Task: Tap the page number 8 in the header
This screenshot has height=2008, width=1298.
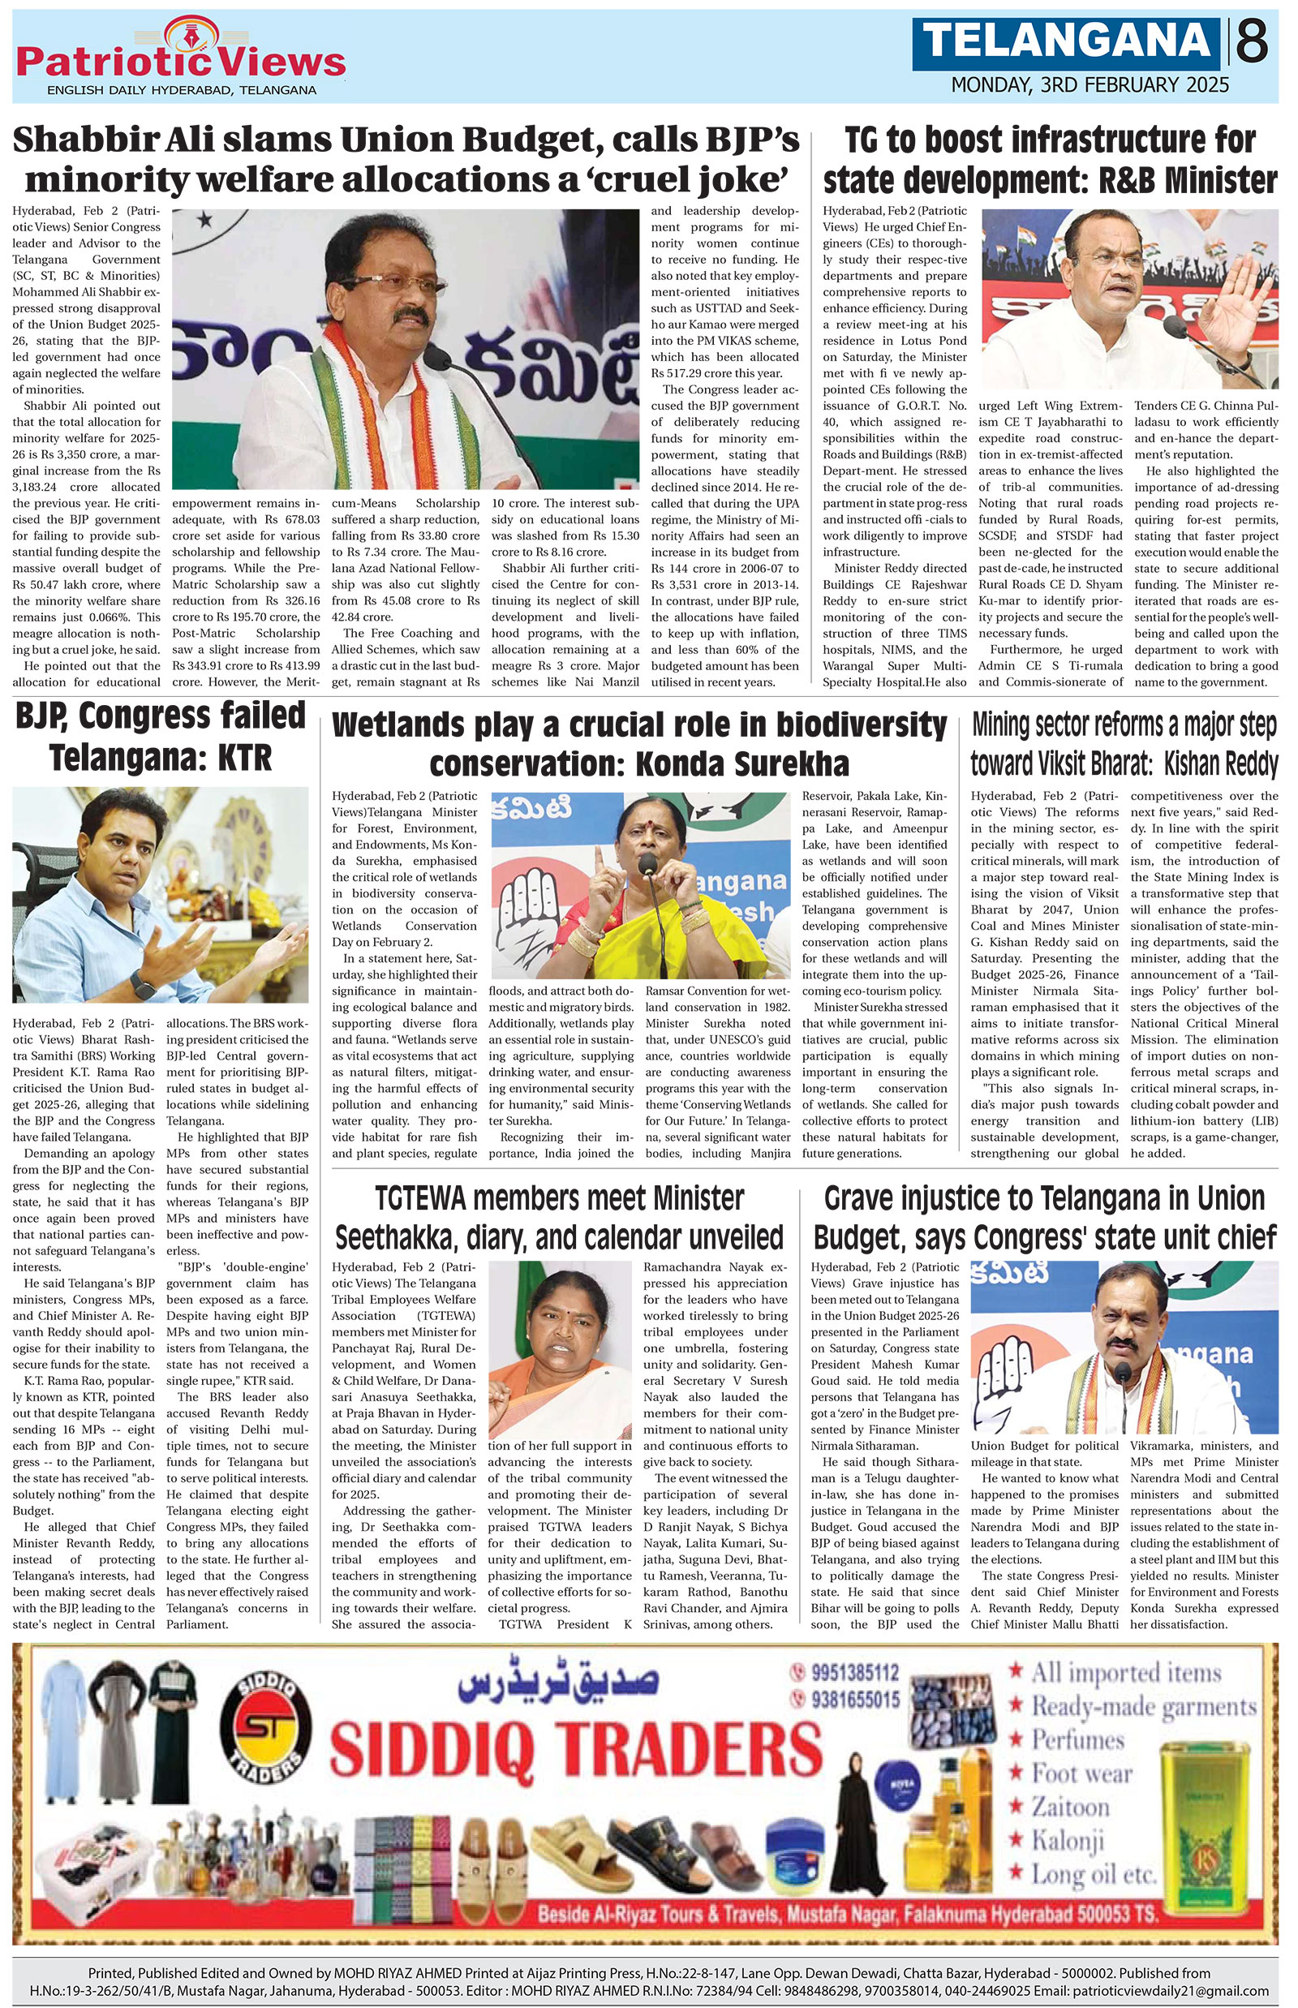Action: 1253,42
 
